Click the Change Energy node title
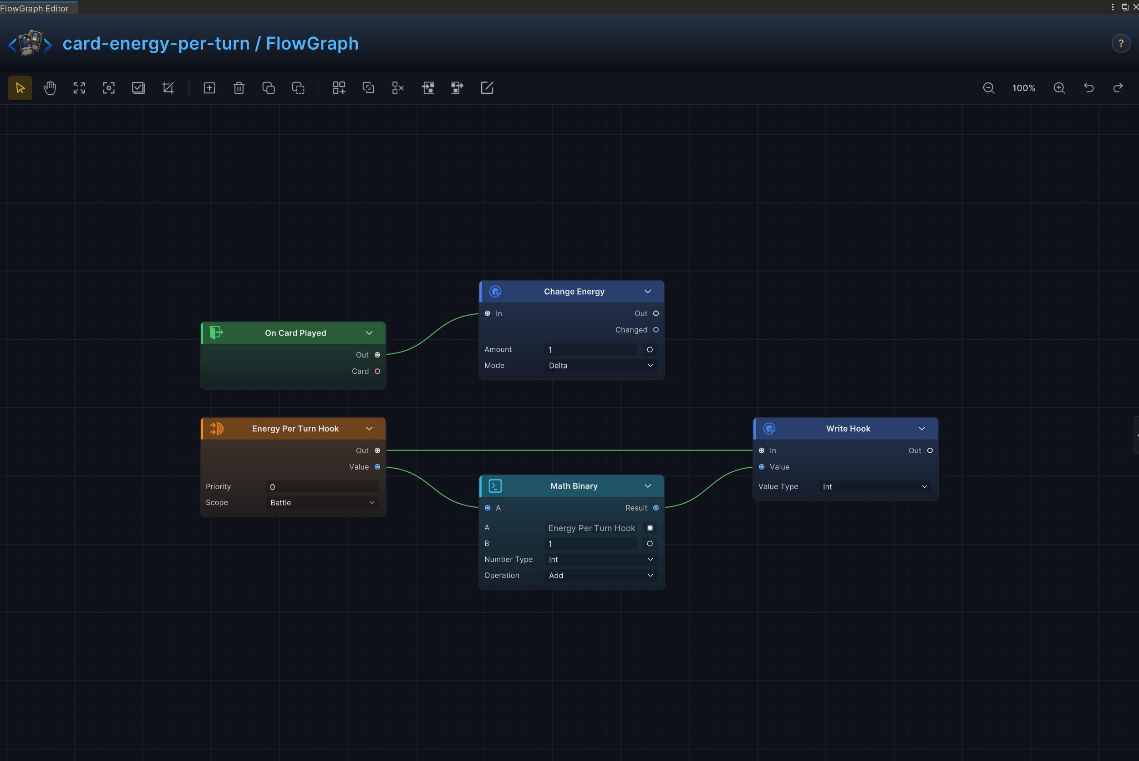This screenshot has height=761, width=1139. [574, 291]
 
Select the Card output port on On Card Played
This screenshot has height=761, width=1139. [377, 371]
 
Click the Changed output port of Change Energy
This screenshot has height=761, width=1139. [656, 330]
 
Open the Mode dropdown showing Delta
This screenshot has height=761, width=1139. [600, 365]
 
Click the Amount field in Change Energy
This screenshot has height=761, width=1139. [590, 349]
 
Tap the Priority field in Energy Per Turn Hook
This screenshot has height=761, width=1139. [322, 487]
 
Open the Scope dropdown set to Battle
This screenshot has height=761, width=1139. [322, 502]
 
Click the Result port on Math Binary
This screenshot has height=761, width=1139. [656, 508]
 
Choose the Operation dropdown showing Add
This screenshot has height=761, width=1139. [600, 575]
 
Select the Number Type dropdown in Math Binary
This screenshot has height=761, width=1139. [600, 560]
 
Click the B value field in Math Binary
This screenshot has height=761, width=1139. [590, 544]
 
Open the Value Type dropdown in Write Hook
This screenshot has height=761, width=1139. [875, 487]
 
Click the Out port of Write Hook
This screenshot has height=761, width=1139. [930, 451]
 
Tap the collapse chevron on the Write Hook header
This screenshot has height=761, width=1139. [922, 429]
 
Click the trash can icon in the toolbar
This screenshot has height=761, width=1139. [239, 88]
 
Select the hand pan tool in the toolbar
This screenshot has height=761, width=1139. [50, 88]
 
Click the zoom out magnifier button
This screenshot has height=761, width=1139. [989, 88]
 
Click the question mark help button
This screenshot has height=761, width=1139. [1121, 44]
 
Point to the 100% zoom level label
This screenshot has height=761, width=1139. [1023, 88]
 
